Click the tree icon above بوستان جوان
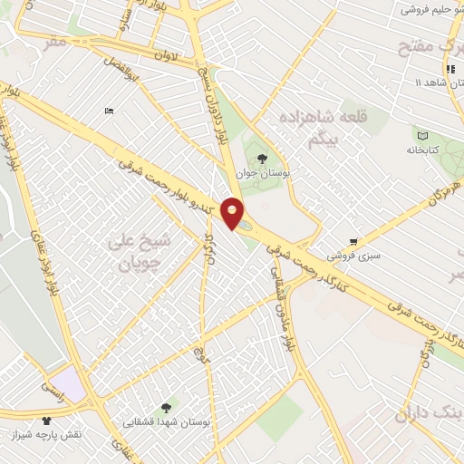(x=262, y=158)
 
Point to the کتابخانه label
(x=422, y=149)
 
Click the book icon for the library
(x=422, y=134)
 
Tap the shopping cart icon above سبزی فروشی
(x=353, y=241)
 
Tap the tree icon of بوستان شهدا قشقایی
(x=165, y=409)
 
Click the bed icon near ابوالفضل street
(x=110, y=111)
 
